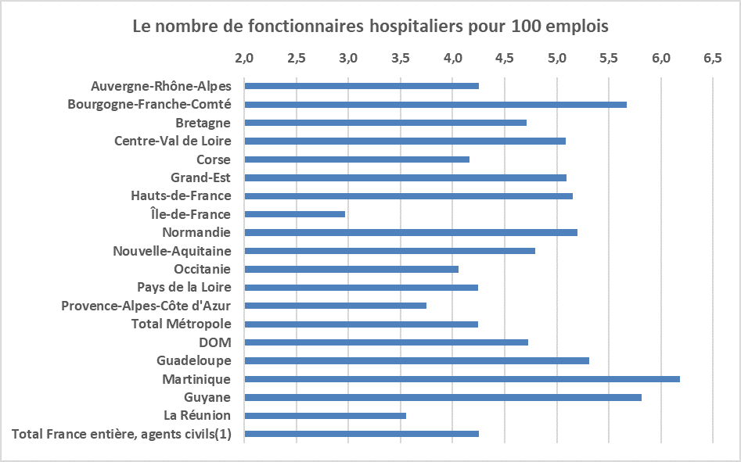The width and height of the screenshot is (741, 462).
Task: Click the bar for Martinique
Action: [462, 379]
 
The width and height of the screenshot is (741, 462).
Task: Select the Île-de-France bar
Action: [294, 214]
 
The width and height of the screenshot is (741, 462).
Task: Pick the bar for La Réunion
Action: [325, 416]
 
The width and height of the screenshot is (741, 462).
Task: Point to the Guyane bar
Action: [443, 398]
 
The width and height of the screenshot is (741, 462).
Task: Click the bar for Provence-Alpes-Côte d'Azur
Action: [335, 306]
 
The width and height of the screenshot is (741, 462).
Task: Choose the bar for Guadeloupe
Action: [416, 361]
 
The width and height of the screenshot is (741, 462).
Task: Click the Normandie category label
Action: [196, 232]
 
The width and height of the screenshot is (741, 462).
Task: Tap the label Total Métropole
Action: [181, 324]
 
